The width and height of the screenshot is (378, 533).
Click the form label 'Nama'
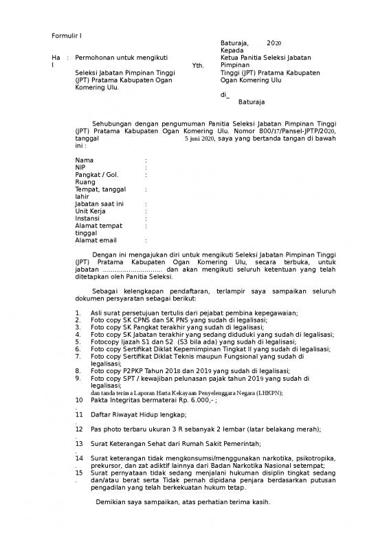pyautogui.click(x=85, y=160)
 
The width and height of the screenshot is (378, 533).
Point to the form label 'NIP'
pyautogui.click(x=80, y=167)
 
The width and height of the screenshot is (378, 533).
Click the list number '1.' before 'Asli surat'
pyautogui.click(x=78, y=313)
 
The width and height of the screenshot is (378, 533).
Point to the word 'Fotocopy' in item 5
pyautogui.click(x=105, y=342)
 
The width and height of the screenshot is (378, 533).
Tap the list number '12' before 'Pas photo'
pyautogui.click(x=78, y=429)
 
